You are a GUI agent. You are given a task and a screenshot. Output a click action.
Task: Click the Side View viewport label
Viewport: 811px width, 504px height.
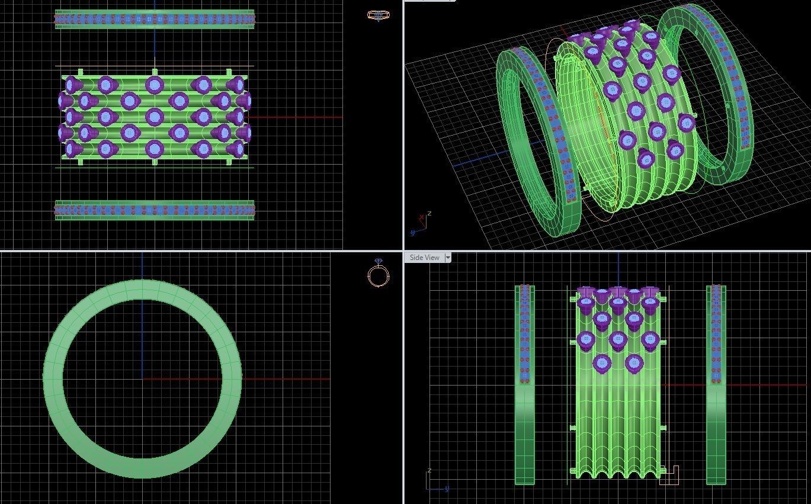[x=424, y=258]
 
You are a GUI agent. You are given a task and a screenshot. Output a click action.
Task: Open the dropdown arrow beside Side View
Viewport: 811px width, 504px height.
[x=448, y=258]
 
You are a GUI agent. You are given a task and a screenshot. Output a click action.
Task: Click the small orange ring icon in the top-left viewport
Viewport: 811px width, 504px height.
[x=378, y=15]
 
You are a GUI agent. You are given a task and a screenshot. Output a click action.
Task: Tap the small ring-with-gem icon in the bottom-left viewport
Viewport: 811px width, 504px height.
[x=379, y=274]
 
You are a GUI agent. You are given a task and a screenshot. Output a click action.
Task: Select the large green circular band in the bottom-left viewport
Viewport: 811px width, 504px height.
[x=53, y=379]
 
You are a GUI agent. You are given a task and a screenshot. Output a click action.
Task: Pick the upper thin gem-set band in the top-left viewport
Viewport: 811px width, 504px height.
[x=155, y=20]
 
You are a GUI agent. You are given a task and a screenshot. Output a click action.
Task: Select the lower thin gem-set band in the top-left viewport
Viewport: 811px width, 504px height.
[x=155, y=210]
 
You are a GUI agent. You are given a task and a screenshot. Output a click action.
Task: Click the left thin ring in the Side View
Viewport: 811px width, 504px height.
[x=524, y=415]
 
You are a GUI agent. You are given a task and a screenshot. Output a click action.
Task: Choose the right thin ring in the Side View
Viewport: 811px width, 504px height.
[x=716, y=415]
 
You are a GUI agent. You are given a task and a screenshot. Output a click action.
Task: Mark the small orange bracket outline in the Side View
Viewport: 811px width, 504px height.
[x=669, y=476]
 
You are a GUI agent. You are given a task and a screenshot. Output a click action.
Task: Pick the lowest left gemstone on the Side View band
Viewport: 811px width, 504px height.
[x=602, y=363]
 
